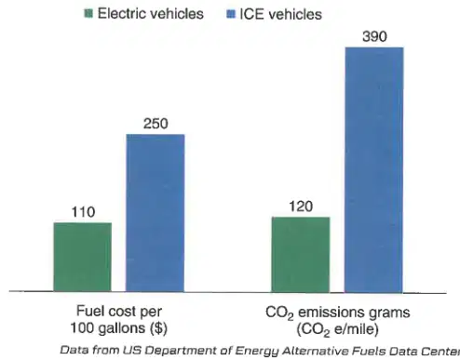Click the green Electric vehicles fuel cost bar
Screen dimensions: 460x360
click(x=83, y=257)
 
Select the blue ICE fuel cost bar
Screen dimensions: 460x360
click(x=156, y=213)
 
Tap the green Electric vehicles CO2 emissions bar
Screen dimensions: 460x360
click(x=301, y=255)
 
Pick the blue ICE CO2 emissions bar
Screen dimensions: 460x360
click(x=374, y=170)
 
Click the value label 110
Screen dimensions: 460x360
click(x=83, y=212)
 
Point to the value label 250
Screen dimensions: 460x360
click(x=156, y=124)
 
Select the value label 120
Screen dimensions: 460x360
click(x=301, y=207)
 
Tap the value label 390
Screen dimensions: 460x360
click(x=374, y=36)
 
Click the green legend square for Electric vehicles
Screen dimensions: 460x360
click(x=88, y=14)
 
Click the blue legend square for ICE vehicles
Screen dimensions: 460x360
click(x=231, y=14)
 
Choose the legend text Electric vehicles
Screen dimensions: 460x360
click(x=151, y=14)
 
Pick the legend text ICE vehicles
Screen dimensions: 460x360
click(x=281, y=14)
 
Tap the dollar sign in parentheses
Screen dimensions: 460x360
click(x=158, y=328)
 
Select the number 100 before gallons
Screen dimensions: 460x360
click(x=82, y=327)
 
